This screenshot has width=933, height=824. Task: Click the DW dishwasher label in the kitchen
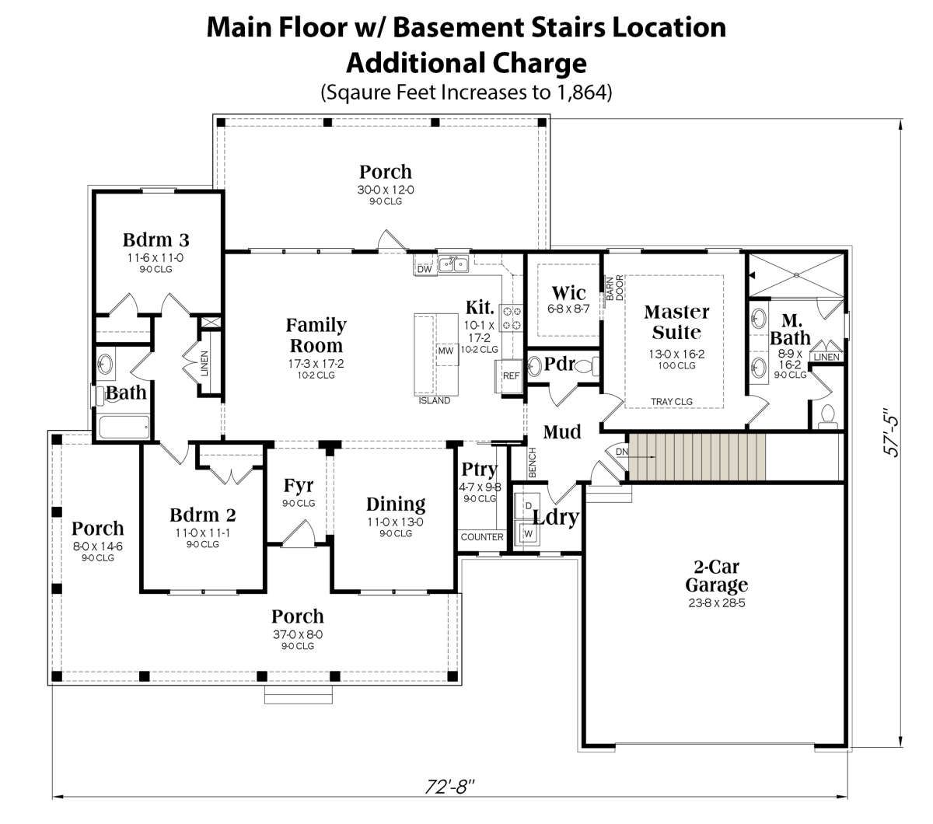point(425,269)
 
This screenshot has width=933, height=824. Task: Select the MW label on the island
point(446,351)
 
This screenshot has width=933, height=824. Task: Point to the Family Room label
point(316,335)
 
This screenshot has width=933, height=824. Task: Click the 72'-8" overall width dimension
point(449,786)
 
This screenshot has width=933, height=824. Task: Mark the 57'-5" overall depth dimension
point(891,431)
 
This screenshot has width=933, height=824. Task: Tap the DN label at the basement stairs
point(622,452)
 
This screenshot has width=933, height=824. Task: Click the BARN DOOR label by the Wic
point(614,288)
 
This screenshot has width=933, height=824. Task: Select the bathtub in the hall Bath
point(124,427)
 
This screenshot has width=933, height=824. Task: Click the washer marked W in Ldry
point(528,534)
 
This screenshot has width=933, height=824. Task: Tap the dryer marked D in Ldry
point(528,506)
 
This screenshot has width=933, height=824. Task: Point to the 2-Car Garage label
point(716,576)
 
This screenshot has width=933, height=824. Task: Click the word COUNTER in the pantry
point(482,537)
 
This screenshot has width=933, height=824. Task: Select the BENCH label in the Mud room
point(532,462)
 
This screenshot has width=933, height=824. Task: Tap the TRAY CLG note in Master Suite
point(672,402)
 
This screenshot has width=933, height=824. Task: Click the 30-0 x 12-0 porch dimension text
point(386,190)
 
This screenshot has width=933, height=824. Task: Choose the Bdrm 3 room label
point(155,240)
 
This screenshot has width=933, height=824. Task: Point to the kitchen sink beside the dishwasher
point(453,264)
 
